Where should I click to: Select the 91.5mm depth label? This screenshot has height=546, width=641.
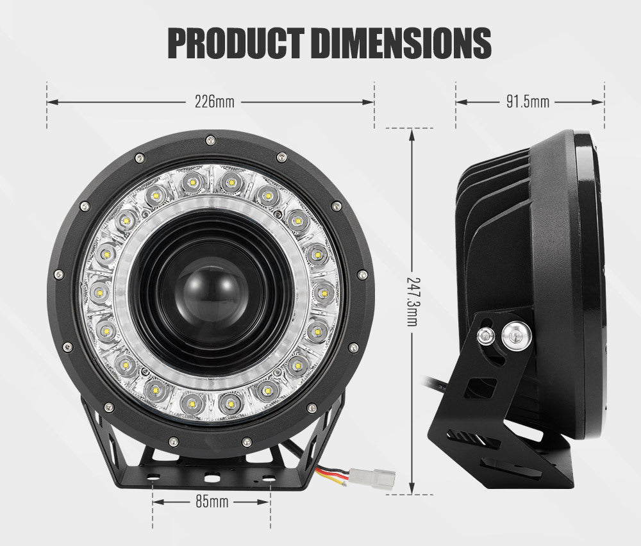pos(528,101)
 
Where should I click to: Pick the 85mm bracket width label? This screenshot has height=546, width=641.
pos(212,502)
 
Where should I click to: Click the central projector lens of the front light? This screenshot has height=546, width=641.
pos(211,294)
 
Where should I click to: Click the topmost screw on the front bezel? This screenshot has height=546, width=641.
pos(210,140)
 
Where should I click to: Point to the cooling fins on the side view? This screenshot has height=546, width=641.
pos(494,192)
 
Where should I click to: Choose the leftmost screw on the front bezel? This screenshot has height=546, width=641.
pos(59,274)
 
